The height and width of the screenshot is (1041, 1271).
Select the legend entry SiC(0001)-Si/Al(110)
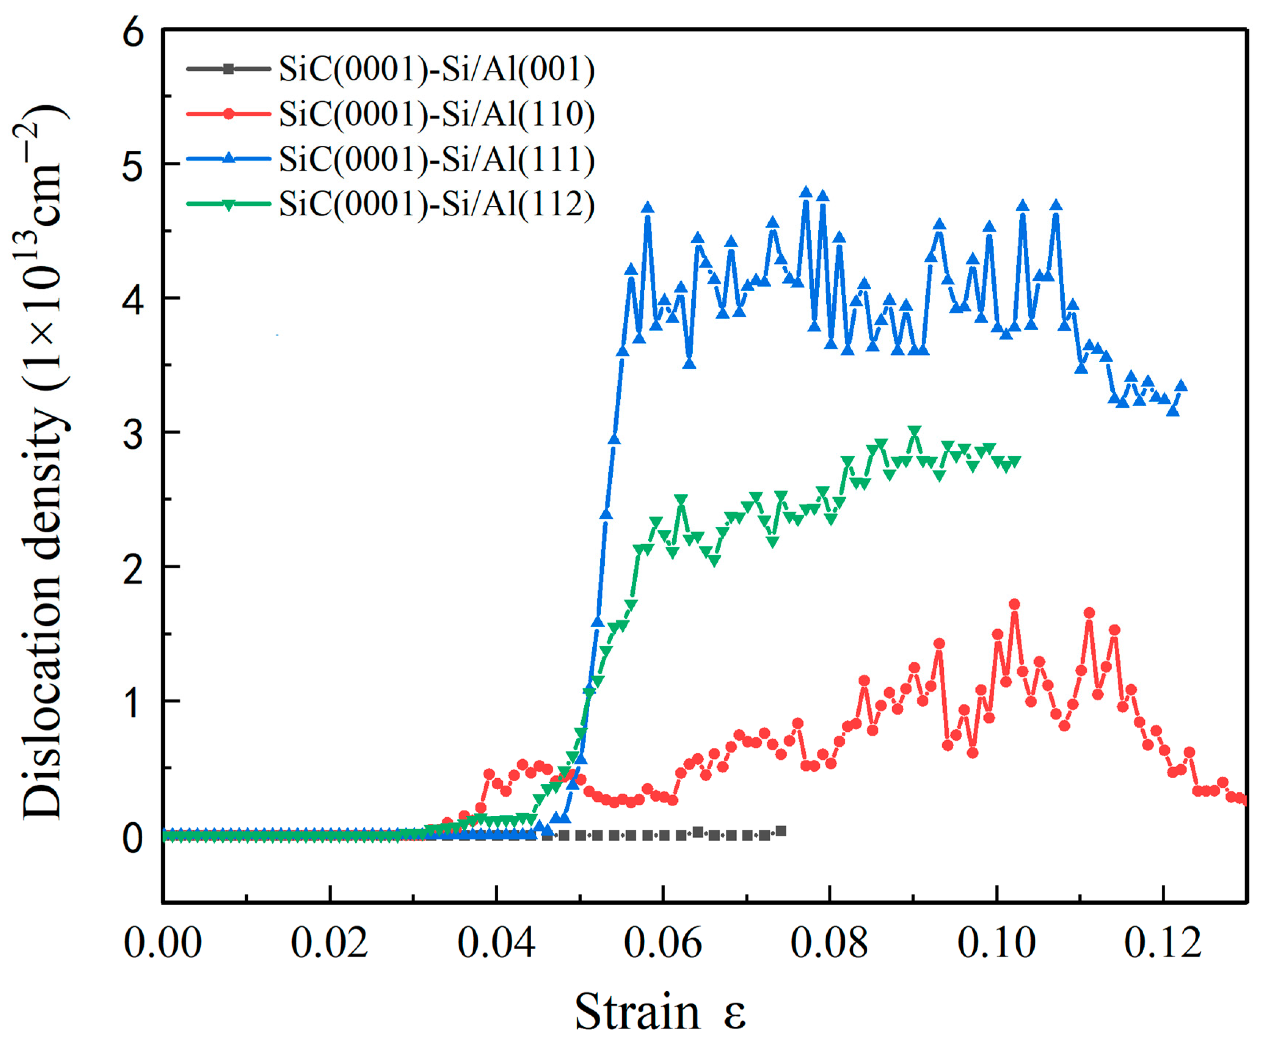tap(437, 114)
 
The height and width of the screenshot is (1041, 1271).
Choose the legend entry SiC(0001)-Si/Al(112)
tap(437, 204)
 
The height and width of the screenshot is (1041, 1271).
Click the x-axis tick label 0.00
tap(163, 943)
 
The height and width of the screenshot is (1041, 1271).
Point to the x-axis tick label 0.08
tap(829, 943)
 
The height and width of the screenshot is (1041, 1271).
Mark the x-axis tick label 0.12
tap(1162, 943)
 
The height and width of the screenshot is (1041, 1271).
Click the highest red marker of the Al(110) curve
tap(1015, 604)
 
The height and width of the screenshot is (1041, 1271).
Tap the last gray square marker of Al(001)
tap(780, 831)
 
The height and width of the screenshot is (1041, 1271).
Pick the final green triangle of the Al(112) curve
tap(1015, 461)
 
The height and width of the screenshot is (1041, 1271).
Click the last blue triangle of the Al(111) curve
tap(1181, 386)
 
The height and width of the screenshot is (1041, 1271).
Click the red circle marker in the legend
tap(228, 114)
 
